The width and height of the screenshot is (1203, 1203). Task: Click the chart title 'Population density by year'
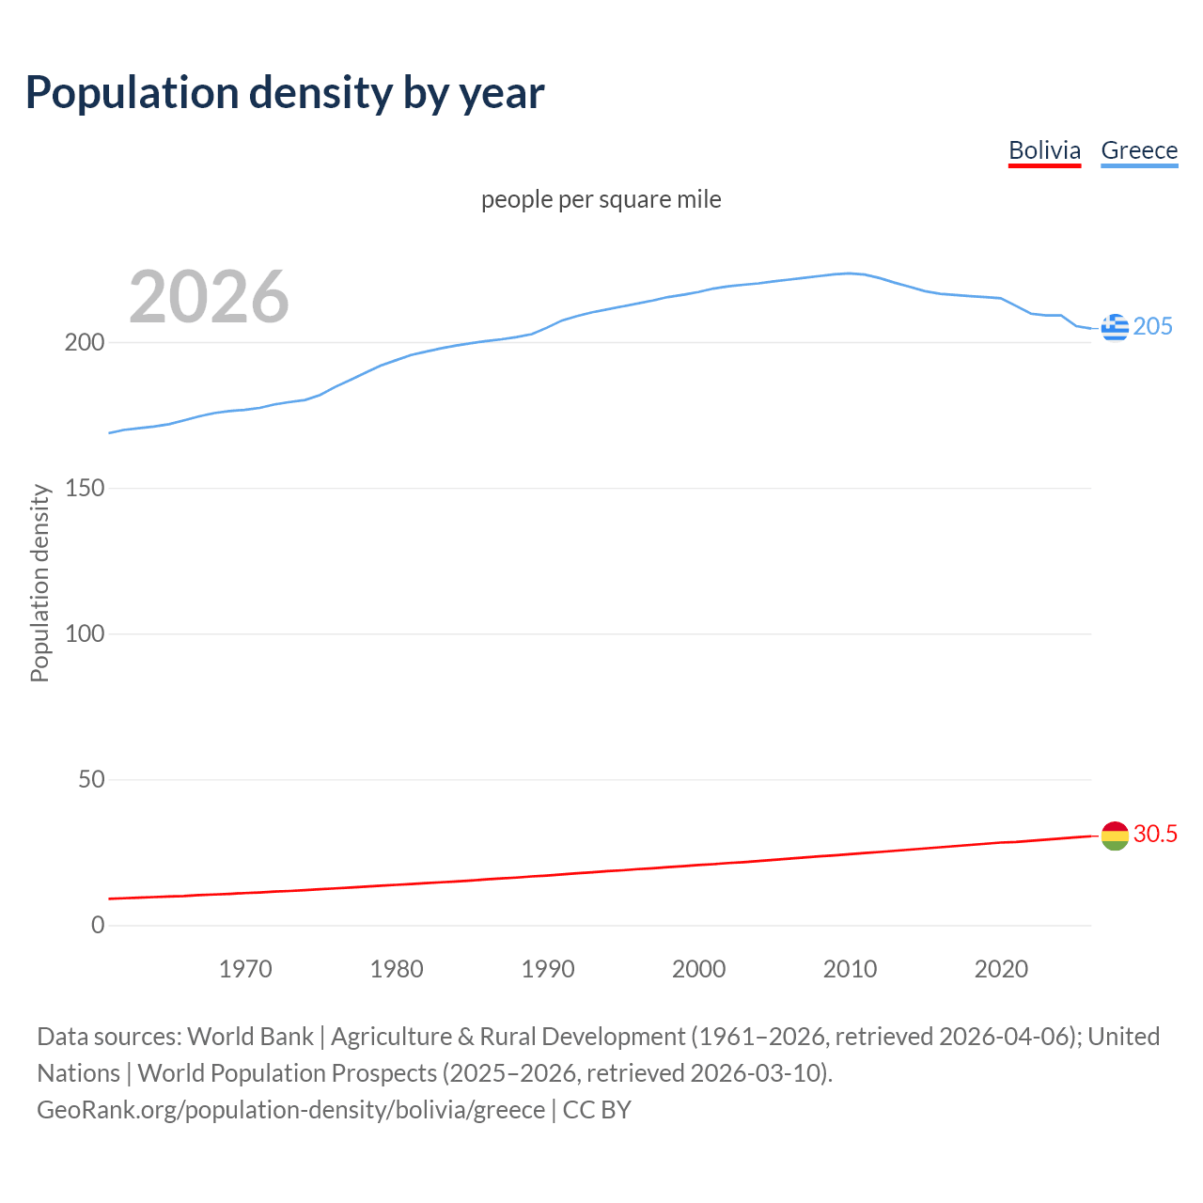(285, 93)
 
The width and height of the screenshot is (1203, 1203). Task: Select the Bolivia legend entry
(1044, 150)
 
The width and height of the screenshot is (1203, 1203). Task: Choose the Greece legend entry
(1139, 150)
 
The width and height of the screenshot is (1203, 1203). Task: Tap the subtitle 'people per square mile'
(601, 199)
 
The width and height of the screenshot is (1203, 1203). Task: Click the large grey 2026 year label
(209, 297)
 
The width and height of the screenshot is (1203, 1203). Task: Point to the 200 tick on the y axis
(84, 342)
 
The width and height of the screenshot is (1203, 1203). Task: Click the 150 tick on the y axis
(84, 488)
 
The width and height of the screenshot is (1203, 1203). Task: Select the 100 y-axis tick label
(84, 633)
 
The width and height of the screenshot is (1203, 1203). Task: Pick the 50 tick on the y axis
(90, 779)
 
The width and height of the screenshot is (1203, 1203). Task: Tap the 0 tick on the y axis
(98, 925)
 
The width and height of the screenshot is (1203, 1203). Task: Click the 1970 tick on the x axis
(245, 969)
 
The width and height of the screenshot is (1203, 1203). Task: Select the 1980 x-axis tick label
(397, 969)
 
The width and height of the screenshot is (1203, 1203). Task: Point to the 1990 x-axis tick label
(548, 969)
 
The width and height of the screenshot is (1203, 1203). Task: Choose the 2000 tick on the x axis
(698, 969)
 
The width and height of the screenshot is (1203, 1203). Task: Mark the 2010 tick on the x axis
(850, 969)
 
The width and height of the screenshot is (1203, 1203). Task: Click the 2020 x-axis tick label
(1001, 969)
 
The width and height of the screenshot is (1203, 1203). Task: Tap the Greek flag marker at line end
(1115, 327)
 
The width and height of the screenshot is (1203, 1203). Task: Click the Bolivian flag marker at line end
(1115, 836)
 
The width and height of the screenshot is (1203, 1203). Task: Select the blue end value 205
(1153, 326)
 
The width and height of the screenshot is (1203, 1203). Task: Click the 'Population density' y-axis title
(39, 583)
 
